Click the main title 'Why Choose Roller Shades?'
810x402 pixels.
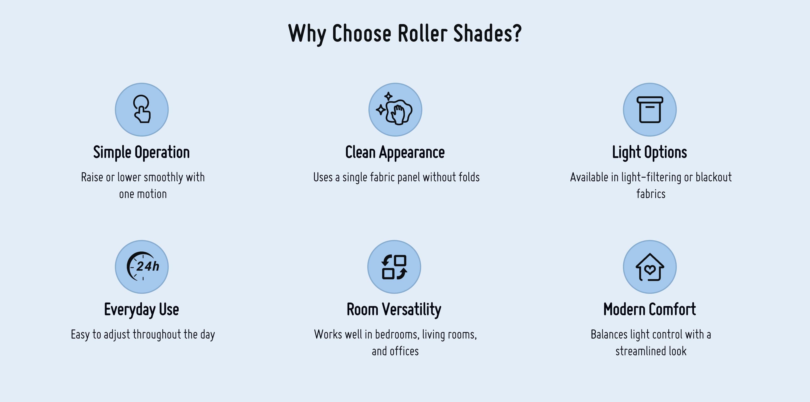[405, 34]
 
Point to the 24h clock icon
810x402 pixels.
[143, 266]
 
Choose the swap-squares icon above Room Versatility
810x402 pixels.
[394, 267]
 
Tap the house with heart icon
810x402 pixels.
[650, 267]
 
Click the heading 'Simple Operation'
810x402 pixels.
[141, 152]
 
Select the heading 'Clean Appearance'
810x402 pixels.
[395, 152]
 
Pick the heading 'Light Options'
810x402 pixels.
[650, 152]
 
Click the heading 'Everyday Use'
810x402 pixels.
[141, 310]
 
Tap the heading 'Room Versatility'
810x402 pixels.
[394, 310]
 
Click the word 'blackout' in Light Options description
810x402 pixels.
[713, 177]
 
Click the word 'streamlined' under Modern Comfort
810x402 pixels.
[640, 351]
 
